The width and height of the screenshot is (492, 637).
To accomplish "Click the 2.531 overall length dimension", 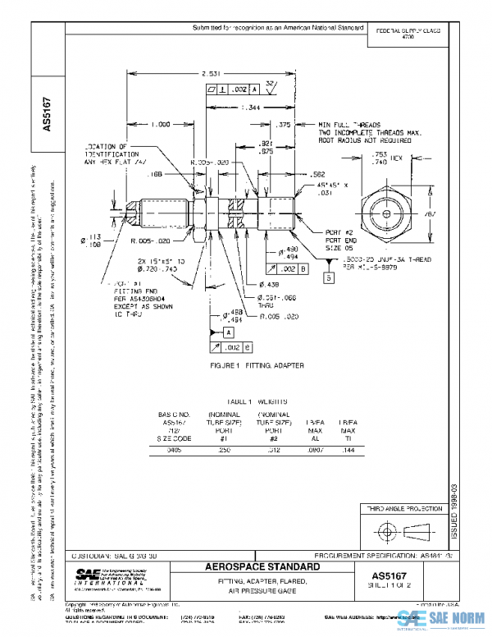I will click(210, 75).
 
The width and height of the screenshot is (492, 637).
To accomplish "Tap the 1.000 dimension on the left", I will click(161, 125).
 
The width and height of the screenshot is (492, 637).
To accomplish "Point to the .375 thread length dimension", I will click(285, 125).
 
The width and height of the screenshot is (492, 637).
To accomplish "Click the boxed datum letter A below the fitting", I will click(227, 331).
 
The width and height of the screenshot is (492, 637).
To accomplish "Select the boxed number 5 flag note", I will click(327, 278).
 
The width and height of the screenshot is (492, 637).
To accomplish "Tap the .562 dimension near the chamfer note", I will click(318, 173).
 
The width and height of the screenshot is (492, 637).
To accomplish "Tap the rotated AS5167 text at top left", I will click(48, 116).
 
